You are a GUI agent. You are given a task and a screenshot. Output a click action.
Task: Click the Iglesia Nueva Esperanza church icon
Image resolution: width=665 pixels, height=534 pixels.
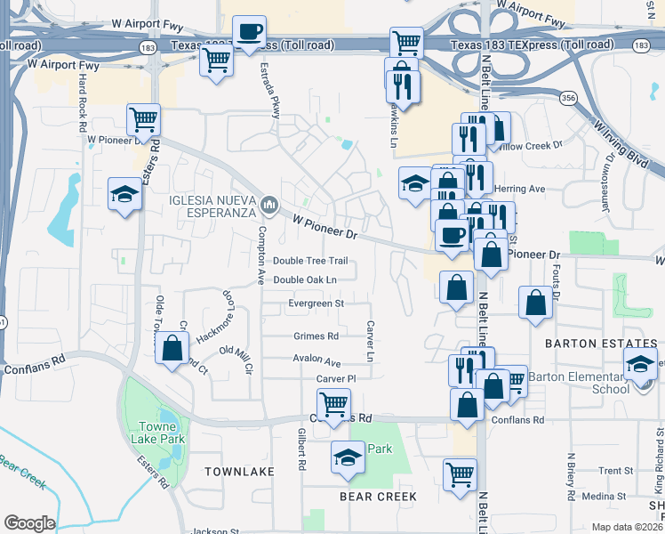(269, 206)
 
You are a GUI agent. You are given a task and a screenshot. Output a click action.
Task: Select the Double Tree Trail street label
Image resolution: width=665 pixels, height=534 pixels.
(309, 261)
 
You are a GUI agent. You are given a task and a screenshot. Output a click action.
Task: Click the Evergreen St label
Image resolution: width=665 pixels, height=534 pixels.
(316, 303)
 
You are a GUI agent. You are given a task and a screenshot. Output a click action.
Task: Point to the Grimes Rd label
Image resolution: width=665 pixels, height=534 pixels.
(316, 336)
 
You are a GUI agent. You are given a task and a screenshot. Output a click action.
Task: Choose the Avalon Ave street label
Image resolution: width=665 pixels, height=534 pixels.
(317, 361)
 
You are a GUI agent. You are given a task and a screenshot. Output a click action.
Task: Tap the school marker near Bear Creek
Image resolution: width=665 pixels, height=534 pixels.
(349, 457)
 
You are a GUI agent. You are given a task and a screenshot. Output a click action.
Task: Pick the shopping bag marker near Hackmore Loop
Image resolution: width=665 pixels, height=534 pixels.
(172, 347)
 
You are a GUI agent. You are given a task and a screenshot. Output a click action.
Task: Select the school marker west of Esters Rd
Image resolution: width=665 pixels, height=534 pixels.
(124, 193)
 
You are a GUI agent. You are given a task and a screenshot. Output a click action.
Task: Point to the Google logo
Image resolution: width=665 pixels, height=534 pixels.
(29, 523)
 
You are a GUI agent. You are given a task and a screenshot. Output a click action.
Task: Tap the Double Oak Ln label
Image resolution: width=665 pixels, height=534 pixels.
(305, 280)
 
